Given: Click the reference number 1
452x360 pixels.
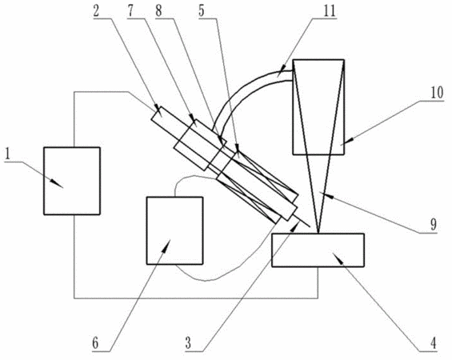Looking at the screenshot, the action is pos(8,154).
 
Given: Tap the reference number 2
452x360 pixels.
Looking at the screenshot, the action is pos(96,11).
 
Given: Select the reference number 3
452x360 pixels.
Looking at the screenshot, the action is pos(188,343).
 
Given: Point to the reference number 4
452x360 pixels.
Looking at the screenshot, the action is pos(433,343).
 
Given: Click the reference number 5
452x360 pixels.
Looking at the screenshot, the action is pos(202,11).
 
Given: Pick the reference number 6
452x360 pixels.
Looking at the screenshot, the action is pos(95,343).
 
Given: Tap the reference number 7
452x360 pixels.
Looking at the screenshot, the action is pos(130,11).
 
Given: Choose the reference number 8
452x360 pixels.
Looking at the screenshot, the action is pos(158,11).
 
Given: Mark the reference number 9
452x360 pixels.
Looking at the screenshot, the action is pos(434,225).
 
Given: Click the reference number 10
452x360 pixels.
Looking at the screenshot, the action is pos(438,93).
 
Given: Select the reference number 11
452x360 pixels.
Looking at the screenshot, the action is pos(330,11).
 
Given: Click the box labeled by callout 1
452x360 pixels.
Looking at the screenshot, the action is pos(72,181).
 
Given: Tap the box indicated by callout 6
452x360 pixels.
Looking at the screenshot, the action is pos(174,230).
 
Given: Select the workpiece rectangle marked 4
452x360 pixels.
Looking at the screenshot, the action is pos(318,250).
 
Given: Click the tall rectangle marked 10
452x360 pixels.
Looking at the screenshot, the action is pos(318,107).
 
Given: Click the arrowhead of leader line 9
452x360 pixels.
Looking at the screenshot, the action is pos(325,195).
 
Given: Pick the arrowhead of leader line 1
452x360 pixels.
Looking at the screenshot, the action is pos(58,184).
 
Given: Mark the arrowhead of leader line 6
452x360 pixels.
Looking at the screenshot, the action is pos(166,245).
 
